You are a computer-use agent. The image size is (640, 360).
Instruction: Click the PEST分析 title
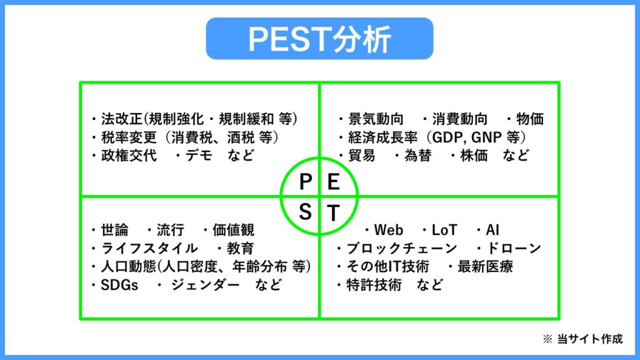tap(319, 39)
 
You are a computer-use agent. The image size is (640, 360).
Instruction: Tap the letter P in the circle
tap(306, 182)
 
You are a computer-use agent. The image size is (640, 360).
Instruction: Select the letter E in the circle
tap(334, 182)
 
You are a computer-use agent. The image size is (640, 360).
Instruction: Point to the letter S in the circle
tap(305, 213)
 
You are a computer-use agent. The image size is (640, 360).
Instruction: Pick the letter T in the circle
tap(334, 214)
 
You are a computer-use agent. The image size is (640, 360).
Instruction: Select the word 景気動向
tap(375, 119)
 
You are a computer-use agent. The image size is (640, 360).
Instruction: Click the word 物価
tap(530, 119)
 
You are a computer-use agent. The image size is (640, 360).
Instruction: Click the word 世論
tap(114, 230)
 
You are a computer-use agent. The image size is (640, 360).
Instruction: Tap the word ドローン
tap(517, 248)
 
